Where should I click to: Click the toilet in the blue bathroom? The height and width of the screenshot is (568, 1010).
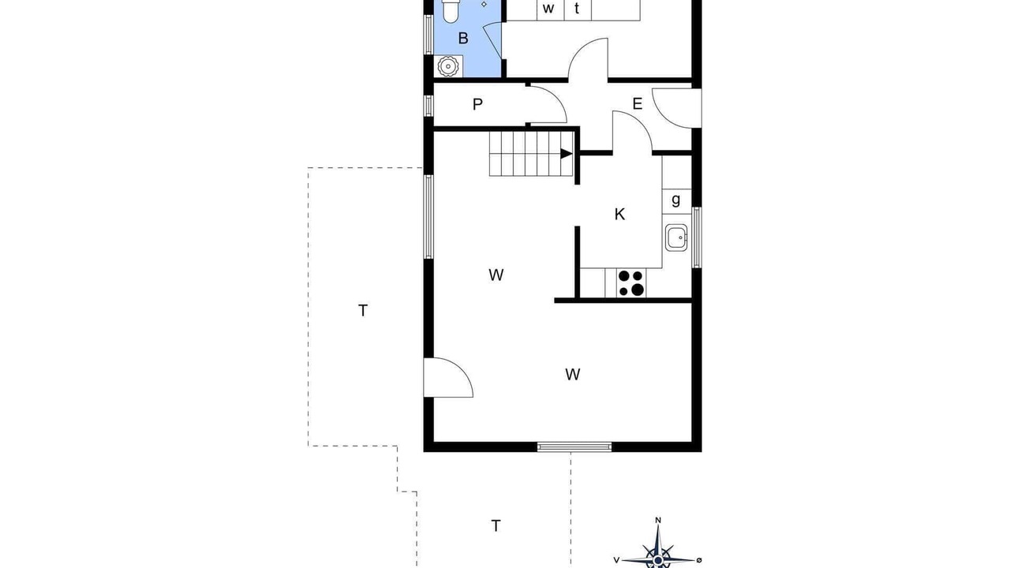pyautogui.click(x=450, y=11)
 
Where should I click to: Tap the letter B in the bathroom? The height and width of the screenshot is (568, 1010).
pyautogui.click(x=463, y=39)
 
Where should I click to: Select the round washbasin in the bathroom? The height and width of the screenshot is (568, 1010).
pyautogui.click(x=448, y=66)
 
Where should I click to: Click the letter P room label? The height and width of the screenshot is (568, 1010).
pyautogui.click(x=477, y=105)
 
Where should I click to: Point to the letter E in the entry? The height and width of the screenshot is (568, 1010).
pyautogui.click(x=637, y=104)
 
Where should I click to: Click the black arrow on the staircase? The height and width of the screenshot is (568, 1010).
pyautogui.click(x=567, y=154)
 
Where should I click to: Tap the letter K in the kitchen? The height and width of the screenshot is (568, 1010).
pyautogui.click(x=619, y=214)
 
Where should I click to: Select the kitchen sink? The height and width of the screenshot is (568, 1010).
pyautogui.click(x=676, y=237)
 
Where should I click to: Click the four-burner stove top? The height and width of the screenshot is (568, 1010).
pyautogui.click(x=631, y=283)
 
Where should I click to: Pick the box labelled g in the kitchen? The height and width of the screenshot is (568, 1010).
pyautogui.click(x=677, y=201)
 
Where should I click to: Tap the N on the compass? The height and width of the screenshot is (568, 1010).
pyautogui.click(x=658, y=520)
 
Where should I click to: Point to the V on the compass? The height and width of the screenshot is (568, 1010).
pyautogui.click(x=616, y=560)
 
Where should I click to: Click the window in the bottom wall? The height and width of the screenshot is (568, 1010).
pyautogui.click(x=574, y=447)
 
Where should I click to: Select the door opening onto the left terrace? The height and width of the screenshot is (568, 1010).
pyautogui.click(x=448, y=378)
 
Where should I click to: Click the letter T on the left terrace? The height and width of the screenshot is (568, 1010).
pyautogui.click(x=363, y=311)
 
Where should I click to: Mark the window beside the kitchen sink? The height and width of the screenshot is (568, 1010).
pyautogui.click(x=697, y=237)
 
